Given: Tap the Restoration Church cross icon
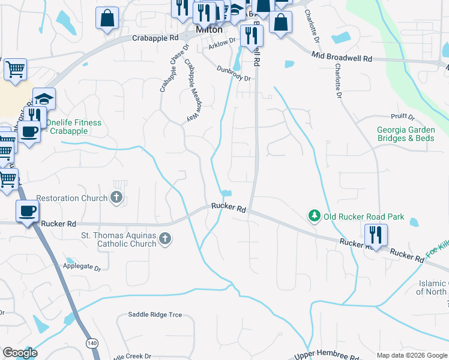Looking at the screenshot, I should (x=116, y=197).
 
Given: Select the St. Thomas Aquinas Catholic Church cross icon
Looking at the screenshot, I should (x=166, y=240).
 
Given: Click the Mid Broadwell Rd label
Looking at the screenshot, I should (x=342, y=58).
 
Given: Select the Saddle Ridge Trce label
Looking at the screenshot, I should (x=155, y=314).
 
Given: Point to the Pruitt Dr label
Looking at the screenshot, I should (x=402, y=116).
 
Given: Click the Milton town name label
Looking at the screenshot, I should (x=209, y=29).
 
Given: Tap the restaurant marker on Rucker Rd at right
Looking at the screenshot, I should (x=376, y=235).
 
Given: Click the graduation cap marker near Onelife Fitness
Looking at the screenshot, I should (x=44, y=98).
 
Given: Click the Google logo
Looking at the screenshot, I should (x=20, y=353).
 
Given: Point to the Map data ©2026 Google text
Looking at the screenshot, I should (x=412, y=355).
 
